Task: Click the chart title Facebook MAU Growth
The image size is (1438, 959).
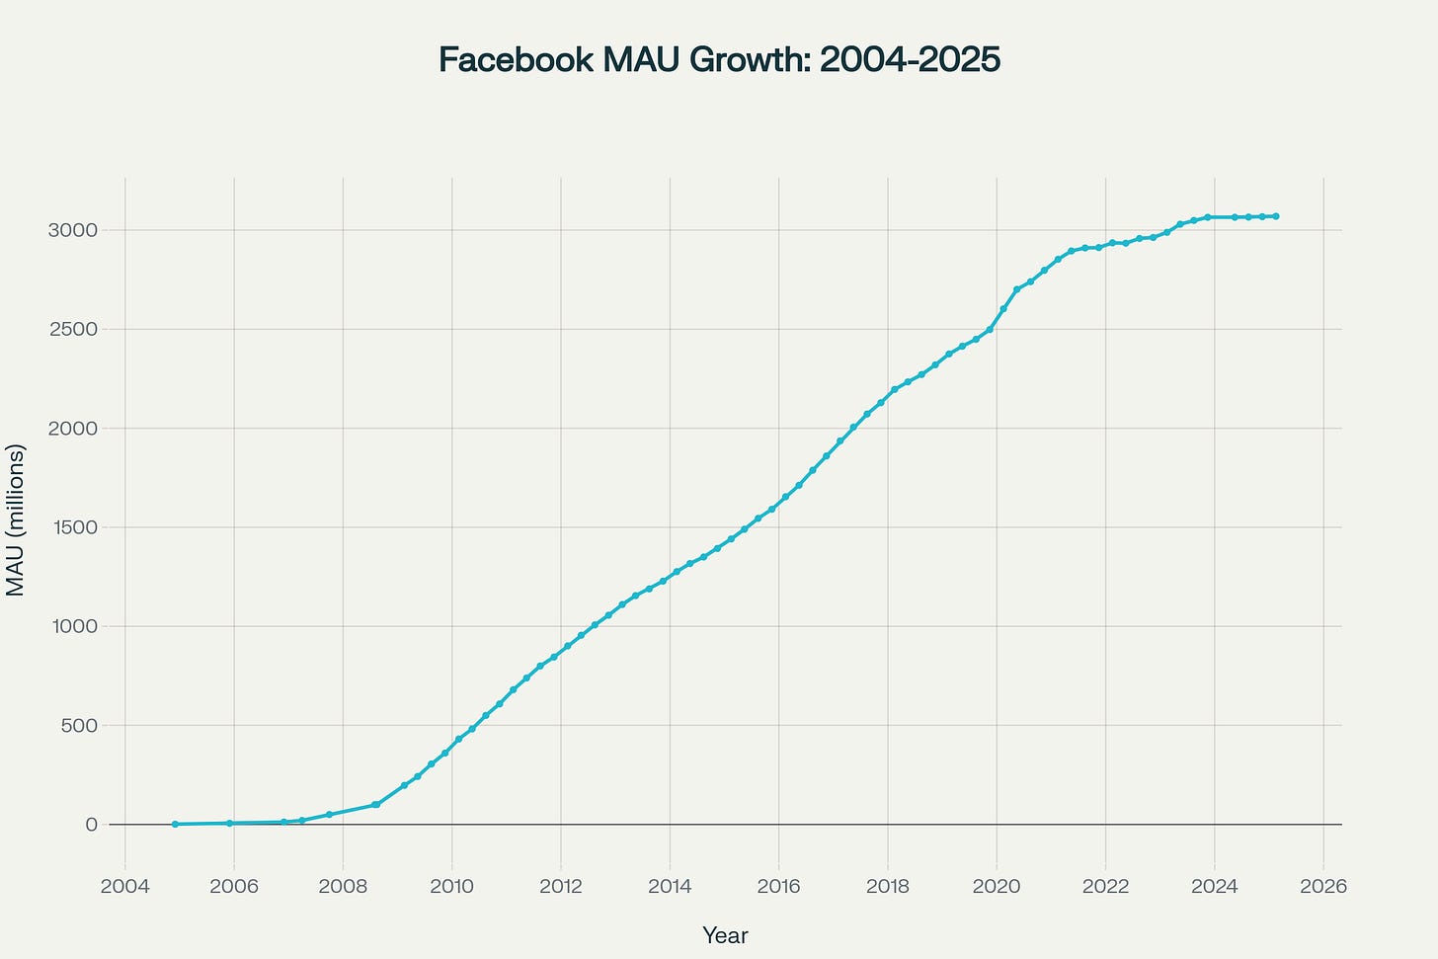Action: [x=719, y=60]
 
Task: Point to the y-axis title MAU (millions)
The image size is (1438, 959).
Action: [x=16, y=519]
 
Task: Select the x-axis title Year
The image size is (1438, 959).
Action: [x=725, y=935]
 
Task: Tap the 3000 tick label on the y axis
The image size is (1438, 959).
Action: [x=73, y=230]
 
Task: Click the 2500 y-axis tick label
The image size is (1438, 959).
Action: [x=73, y=329]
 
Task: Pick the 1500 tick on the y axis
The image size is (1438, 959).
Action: [x=73, y=527]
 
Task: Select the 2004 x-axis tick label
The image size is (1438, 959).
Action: [x=125, y=886]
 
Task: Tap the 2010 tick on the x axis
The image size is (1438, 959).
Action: [x=452, y=886]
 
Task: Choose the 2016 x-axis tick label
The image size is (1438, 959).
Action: [x=778, y=886]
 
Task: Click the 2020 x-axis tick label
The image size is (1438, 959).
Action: [x=997, y=886]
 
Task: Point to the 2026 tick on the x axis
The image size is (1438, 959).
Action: [x=1323, y=886]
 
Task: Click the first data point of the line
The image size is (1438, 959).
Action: [x=175, y=824]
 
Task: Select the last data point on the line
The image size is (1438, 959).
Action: [x=1276, y=216]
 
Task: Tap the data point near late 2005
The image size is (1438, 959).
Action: [x=229, y=823]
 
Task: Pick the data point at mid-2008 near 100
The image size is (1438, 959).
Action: [x=376, y=805]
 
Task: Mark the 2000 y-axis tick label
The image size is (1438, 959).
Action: [x=73, y=429]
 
